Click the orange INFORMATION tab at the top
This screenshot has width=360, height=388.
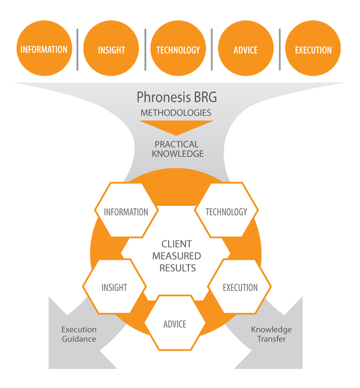[x=44, y=50]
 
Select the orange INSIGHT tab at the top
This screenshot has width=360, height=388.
[x=112, y=50]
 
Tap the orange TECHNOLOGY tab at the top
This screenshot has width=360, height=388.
[x=178, y=50]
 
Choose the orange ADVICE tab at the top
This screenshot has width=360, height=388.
[x=246, y=50]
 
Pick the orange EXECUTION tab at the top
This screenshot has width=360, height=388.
[x=313, y=50]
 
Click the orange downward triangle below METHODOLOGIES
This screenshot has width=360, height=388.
[x=176, y=126]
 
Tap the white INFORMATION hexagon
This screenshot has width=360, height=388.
[x=126, y=212]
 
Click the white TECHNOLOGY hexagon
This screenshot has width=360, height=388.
[x=226, y=212]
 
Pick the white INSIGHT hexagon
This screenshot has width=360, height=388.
[x=114, y=287]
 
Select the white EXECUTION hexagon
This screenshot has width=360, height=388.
[x=240, y=287]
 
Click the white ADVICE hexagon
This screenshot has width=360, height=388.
[x=175, y=324]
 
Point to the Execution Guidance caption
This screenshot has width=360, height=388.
[x=79, y=334]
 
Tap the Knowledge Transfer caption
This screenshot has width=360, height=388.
[x=271, y=334]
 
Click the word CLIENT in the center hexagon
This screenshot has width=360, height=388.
[x=176, y=244]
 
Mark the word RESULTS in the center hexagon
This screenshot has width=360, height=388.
[x=177, y=268]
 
